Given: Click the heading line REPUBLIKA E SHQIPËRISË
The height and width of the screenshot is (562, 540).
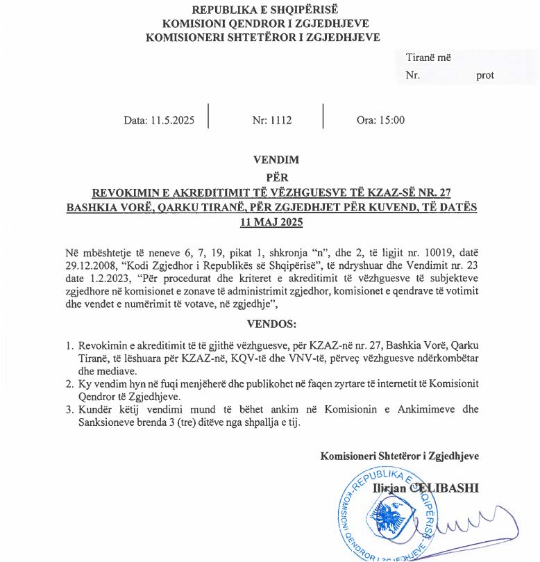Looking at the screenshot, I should [x=264, y=9].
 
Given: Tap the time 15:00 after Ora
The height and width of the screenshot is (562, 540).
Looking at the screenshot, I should [x=391, y=120].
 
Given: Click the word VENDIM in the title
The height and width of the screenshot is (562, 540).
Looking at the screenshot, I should [x=276, y=160].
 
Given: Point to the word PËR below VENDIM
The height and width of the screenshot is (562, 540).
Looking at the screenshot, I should [x=276, y=177].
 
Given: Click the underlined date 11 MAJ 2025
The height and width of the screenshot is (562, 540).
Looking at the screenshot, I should [x=271, y=222].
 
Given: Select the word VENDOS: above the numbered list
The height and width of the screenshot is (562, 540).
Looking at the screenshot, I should [x=271, y=324].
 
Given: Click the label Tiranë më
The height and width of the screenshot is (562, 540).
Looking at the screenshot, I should [x=428, y=58].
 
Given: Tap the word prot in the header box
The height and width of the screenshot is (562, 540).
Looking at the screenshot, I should [x=485, y=75].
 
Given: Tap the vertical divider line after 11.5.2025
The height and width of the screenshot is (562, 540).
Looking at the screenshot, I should [x=208, y=116].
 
